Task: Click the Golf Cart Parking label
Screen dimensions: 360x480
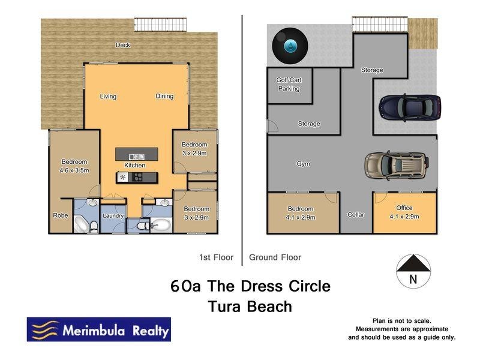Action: (288, 84)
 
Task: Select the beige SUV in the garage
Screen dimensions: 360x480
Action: (396, 164)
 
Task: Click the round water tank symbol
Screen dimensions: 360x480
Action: (290, 46)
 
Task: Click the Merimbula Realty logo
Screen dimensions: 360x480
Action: (99, 329)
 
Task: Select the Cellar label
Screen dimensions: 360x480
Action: (356, 214)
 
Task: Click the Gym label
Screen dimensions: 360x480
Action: (303, 163)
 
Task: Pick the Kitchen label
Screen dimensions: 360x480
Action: (135, 165)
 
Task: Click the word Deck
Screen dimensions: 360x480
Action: (123, 45)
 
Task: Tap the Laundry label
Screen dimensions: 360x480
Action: (113, 216)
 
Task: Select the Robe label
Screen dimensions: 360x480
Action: (61, 215)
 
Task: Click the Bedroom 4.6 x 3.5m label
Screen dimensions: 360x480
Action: (74, 166)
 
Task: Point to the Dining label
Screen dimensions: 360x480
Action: (164, 96)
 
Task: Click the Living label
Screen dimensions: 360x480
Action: (108, 96)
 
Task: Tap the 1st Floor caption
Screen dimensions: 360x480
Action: (216, 257)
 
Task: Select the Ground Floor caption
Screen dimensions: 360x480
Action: (275, 257)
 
